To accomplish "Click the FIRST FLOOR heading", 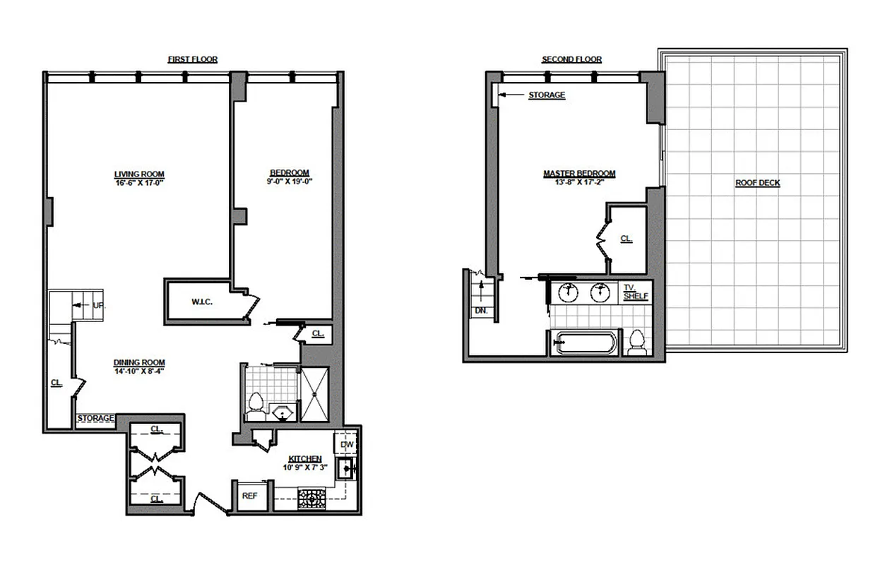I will tap(192, 60).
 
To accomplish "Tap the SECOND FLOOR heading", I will tap(571, 60).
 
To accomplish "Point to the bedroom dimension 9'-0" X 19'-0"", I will tap(289, 182).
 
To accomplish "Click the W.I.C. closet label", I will tap(202, 302).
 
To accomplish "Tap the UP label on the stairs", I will tap(98, 306).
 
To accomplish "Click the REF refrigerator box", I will tap(249, 496).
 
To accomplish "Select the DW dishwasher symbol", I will tap(346, 444).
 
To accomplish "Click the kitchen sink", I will tap(346, 468).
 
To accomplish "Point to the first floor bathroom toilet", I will tap(256, 405).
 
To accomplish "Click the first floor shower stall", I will tap(314, 394).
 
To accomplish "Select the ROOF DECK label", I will tap(757, 183).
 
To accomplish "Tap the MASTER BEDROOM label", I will tap(578, 174).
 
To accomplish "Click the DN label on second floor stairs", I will tap(481, 310).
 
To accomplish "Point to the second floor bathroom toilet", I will tap(636, 343).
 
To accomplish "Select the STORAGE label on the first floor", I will tap(95, 419).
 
